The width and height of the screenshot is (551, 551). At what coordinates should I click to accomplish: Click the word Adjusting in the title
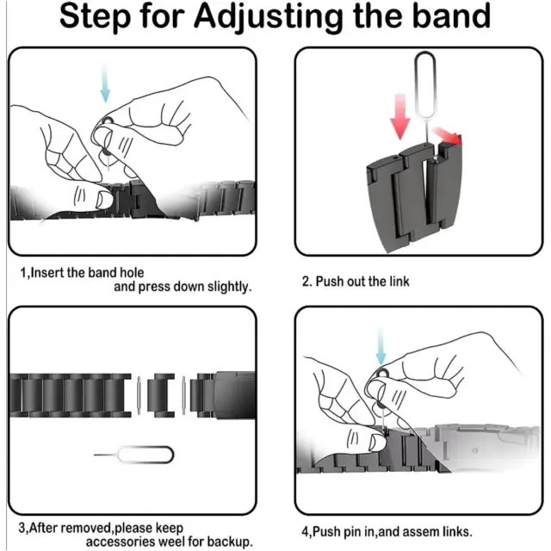(269, 17)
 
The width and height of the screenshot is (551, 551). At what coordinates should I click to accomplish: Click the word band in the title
(451, 15)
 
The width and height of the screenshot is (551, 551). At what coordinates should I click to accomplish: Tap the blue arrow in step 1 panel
(105, 84)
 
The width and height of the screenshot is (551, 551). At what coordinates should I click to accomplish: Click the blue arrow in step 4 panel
(381, 346)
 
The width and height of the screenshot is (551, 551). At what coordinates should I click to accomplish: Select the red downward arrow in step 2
(399, 117)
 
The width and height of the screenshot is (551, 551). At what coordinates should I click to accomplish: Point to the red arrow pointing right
(447, 136)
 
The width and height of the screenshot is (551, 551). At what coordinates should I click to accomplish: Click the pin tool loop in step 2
(425, 84)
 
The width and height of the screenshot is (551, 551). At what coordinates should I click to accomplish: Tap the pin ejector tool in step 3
(134, 455)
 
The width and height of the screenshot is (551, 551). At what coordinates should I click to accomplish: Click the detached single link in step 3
(161, 395)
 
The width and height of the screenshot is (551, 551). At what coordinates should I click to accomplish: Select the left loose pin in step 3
(139, 395)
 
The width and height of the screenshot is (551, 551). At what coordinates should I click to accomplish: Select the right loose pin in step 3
(183, 395)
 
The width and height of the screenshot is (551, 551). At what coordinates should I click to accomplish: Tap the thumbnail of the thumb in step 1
(104, 199)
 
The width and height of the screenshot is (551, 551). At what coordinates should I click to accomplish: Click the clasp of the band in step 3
(235, 395)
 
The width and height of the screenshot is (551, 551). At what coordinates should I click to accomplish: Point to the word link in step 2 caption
(399, 282)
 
